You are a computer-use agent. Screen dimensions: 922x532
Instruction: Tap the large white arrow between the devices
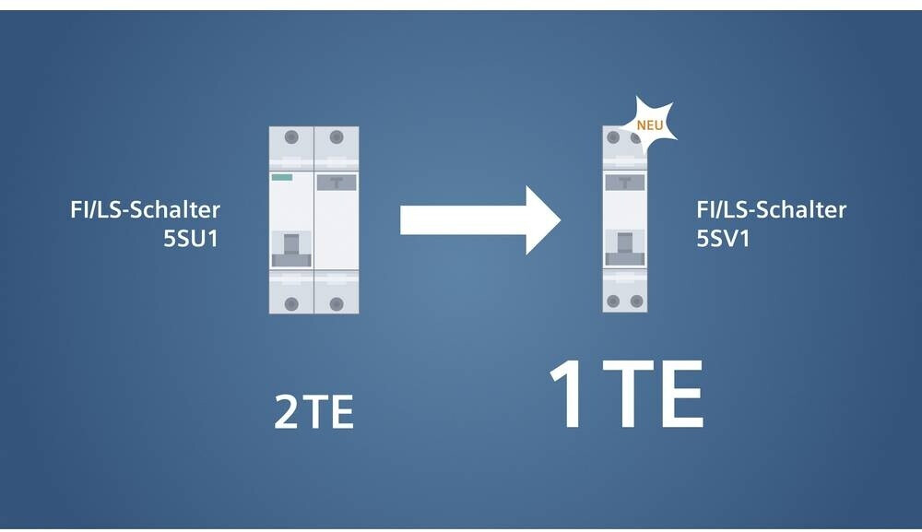[479, 220]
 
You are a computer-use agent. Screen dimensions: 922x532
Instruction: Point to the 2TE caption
[313, 414]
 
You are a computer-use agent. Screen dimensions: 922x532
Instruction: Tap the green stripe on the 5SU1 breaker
[281, 177]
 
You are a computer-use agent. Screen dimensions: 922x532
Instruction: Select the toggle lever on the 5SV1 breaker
[623, 242]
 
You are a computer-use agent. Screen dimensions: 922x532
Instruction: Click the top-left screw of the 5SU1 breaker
[291, 136]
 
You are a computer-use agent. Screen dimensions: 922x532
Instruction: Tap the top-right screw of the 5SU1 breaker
[336, 136]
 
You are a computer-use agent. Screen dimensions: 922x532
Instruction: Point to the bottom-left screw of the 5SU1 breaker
[291, 303]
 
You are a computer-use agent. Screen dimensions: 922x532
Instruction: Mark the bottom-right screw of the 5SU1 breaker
[336, 303]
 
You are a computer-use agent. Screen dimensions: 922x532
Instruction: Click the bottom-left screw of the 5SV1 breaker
[614, 301]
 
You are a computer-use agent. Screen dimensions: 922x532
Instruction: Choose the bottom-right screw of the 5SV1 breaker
[635, 301]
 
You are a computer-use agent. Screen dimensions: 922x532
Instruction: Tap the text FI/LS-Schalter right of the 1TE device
[771, 210]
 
